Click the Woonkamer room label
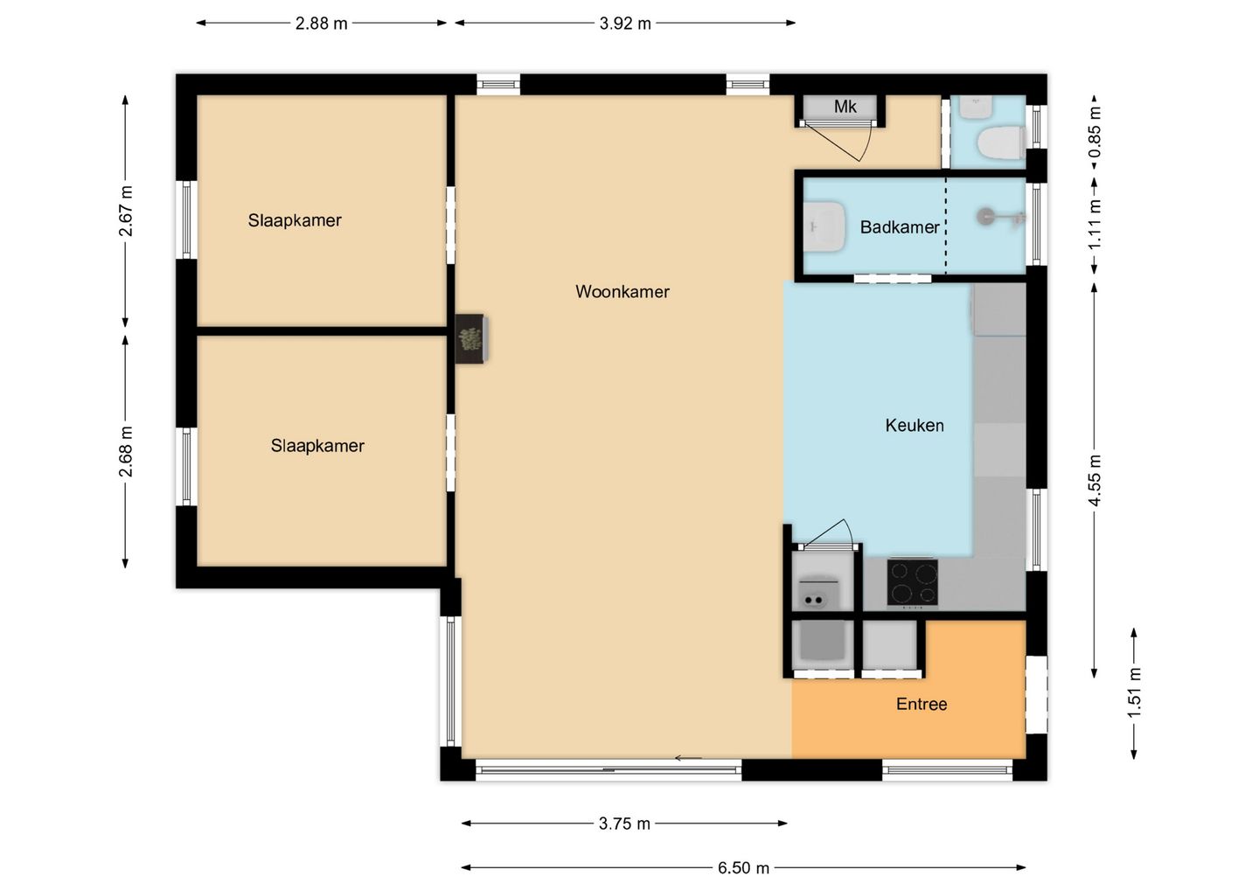(623, 292)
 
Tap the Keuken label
(915, 426)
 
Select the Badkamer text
(900, 227)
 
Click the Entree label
(922, 704)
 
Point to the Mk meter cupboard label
(845, 106)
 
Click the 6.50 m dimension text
(743, 868)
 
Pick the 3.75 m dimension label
(624, 824)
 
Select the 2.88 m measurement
(322, 24)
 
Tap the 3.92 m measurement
(625, 24)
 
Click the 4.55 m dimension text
(1095, 480)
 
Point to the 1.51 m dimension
(1135, 692)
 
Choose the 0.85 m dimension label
(1095, 133)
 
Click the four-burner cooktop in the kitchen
(912, 582)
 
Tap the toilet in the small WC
(1001, 143)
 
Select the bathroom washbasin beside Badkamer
(824, 226)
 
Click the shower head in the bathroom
(985, 216)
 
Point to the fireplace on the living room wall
(471, 339)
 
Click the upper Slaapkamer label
(295, 220)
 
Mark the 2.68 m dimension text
(126, 451)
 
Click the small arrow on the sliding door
(689, 759)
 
